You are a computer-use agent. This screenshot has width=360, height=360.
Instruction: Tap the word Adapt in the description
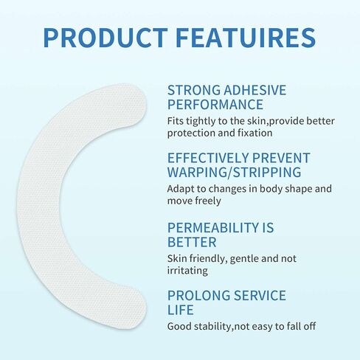[181, 188]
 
